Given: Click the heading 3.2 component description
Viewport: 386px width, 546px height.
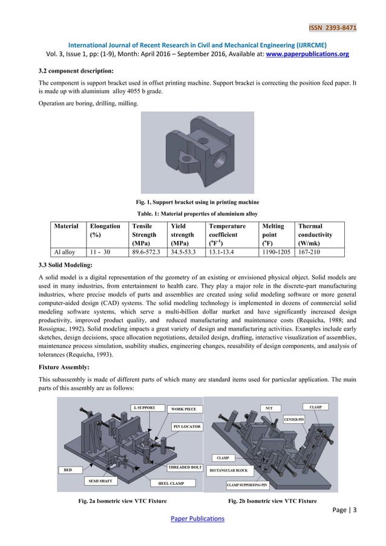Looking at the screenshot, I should pos(76,70).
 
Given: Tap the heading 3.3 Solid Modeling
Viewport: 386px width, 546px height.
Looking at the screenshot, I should pos(65,265).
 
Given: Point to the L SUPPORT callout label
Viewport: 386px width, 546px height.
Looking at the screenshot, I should pos(144,408).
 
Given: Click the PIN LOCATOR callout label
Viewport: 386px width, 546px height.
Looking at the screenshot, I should pos(187,427).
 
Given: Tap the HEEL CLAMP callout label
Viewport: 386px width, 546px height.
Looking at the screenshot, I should pos(176,483).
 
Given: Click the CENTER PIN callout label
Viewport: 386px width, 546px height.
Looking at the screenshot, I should pos(295,419).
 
